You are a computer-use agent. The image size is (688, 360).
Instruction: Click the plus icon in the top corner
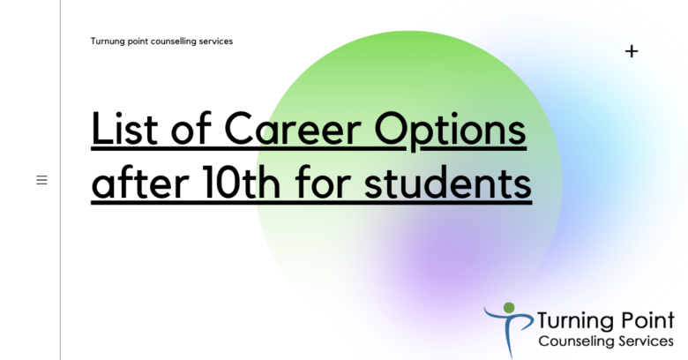pyautogui.click(x=632, y=51)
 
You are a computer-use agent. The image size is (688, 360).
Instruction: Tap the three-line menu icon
pyautogui.click(x=41, y=180)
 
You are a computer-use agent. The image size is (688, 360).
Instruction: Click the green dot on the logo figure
pyautogui.click(x=508, y=307)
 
